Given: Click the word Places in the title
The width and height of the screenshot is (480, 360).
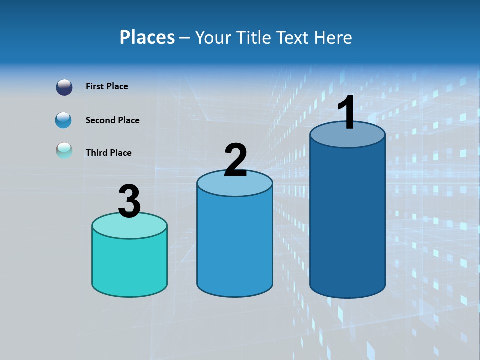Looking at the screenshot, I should (x=147, y=37).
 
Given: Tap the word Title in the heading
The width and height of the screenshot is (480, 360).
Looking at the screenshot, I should (x=253, y=37).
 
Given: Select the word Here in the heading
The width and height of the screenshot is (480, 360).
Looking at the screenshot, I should (x=333, y=37).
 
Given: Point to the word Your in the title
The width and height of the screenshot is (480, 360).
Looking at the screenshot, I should (x=213, y=37).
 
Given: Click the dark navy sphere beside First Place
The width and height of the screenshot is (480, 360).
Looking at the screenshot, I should (x=64, y=87).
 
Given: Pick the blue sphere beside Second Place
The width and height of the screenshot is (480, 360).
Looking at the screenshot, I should (x=64, y=120).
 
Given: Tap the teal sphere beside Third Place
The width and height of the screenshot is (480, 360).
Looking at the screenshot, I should (x=64, y=150).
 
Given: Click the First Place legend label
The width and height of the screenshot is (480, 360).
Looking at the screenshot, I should (x=107, y=86).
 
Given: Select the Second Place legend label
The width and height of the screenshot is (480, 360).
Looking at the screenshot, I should (x=112, y=120).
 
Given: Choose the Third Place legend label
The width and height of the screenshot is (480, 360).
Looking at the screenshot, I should (x=108, y=153).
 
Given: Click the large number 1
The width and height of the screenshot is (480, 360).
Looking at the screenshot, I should (x=346, y=113).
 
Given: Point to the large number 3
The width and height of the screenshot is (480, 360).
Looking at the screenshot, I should (x=129, y=202).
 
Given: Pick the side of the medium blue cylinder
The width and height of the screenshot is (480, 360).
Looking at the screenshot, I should (x=235, y=245).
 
